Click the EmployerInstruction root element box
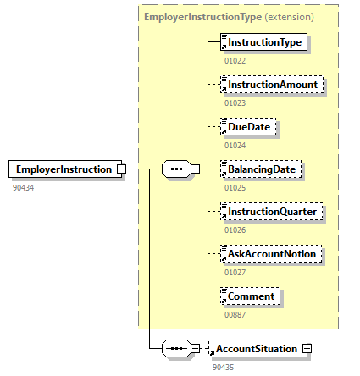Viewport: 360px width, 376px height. pyautogui.click(x=63, y=169)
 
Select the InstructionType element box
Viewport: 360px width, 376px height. pyautogui.click(x=263, y=41)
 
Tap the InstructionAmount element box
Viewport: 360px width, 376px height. pyautogui.click(x=270, y=85)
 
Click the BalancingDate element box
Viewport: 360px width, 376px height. pyautogui.click(x=261, y=169)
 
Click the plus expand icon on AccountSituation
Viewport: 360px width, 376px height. pyautogui.click(x=307, y=349)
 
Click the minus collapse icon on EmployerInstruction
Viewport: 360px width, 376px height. pyautogui.click(x=122, y=169)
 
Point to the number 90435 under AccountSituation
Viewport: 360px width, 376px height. pyautogui.click(x=223, y=366)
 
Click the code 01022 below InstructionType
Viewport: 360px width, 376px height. pyautogui.click(x=235, y=60)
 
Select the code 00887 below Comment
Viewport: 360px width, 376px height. pyautogui.click(x=235, y=314)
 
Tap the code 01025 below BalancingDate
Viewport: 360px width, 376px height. pyautogui.click(x=235, y=187)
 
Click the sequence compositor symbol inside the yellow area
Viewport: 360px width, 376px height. pyautogui.click(x=175, y=169)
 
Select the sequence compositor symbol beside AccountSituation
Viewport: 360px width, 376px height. pyautogui.click(x=175, y=349)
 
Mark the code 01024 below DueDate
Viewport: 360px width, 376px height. pyautogui.click(x=235, y=145)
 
